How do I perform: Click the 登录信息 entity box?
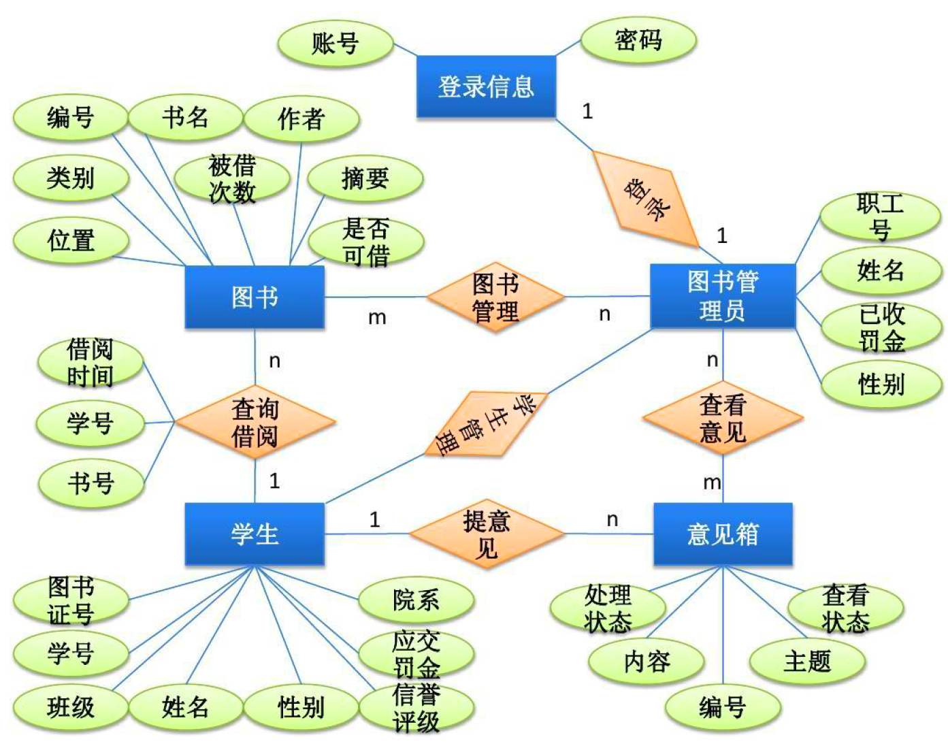tap(486, 87)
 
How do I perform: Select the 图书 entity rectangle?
tap(255, 297)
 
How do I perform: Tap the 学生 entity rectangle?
tap(255, 534)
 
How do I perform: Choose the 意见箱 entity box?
tap(723, 534)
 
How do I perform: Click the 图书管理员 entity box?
tap(723, 296)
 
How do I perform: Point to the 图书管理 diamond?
tap(495, 297)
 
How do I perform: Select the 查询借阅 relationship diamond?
tap(255, 422)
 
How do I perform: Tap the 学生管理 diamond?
tap(486, 423)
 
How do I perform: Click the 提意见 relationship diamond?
tap(486, 534)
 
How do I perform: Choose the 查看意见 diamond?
tap(723, 418)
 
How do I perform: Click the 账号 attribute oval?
tap(336, 44)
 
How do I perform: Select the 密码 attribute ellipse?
tap(638, 40)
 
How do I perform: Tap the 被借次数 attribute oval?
tap(232, 178)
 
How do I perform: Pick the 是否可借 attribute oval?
tap(366, 242)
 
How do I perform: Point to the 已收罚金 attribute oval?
tap(881, 327)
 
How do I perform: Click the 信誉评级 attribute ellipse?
tap(416, 708)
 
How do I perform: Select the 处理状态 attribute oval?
tap(608, 608)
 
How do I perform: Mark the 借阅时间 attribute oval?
tap(91, 362)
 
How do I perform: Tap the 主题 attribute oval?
tap(807, 660)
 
